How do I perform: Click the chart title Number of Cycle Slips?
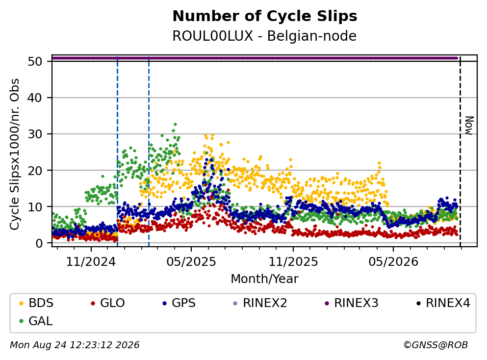tap(265, 16)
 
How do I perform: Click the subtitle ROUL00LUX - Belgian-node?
tap(264, 36)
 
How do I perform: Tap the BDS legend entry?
tap(37, 303)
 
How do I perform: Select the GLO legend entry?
tap(108, 303)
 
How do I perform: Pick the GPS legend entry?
tap(179, 303)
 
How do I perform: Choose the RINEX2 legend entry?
tap(261, 303)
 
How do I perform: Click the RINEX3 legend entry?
tap(352, 303)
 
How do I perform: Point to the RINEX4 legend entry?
tap(444, 303)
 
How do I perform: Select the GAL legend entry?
tap(36, 321)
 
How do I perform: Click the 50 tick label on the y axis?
tap(35, 61)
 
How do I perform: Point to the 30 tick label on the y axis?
tap(35, 134)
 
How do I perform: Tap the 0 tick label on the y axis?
tap(39, 243)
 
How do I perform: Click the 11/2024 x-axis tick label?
tap(91, 262)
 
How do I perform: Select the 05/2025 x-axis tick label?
tap(191, 262)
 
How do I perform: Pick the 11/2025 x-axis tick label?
tap(293, 262)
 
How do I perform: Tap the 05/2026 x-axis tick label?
tap(393, 262)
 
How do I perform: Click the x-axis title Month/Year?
tap(265, 279)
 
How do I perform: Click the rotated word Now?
tap(469, 126)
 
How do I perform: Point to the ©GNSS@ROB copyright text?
tap(436, 345)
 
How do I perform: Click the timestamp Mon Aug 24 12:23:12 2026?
tap(75, 345)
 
